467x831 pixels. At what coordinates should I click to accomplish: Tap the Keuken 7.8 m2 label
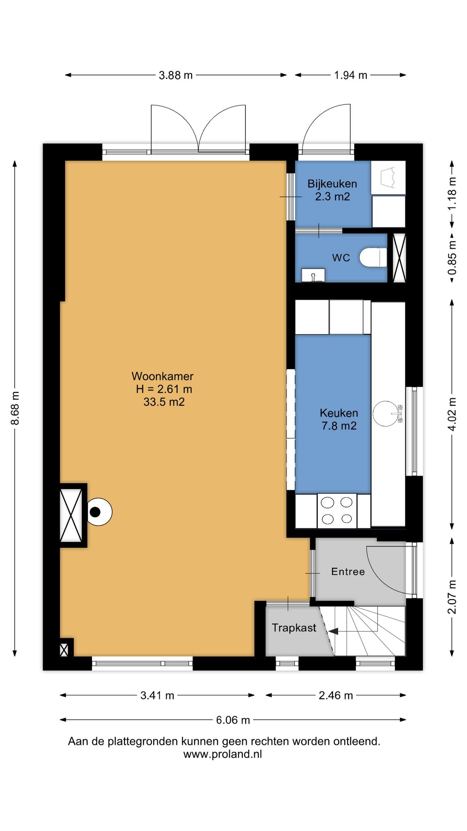point(339,420)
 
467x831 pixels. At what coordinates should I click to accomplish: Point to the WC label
point(341,258)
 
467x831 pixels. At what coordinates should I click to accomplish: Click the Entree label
point(348,572)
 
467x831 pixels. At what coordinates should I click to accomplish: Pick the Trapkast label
point(294,628)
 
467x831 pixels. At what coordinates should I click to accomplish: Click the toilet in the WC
point(373,257)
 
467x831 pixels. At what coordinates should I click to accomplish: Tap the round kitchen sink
point(386,413)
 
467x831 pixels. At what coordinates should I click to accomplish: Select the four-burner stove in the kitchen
point(337,510)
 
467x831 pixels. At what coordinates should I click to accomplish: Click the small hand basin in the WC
point(313,275)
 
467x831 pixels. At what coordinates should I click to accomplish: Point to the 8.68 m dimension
point(15,408)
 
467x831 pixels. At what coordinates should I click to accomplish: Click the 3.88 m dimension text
point(176,75)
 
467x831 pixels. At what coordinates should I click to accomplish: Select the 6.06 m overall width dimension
point(233,720)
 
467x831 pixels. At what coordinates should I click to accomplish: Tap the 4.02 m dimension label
point(452,414)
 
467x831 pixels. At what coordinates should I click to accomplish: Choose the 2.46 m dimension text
point(336,695)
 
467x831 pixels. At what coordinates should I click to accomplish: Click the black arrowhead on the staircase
point(333,631)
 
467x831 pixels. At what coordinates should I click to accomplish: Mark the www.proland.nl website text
point(223,754)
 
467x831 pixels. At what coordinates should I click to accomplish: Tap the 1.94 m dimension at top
point(351,75)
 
